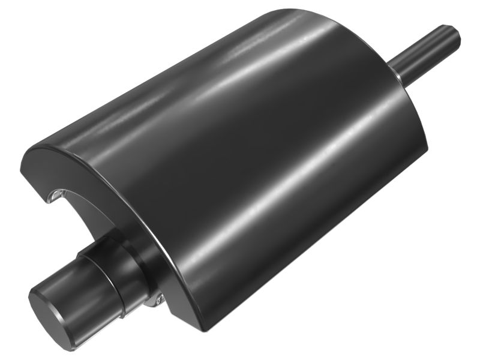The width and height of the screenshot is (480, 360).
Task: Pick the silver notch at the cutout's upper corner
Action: pyautogui.click(x=55, y=194)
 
